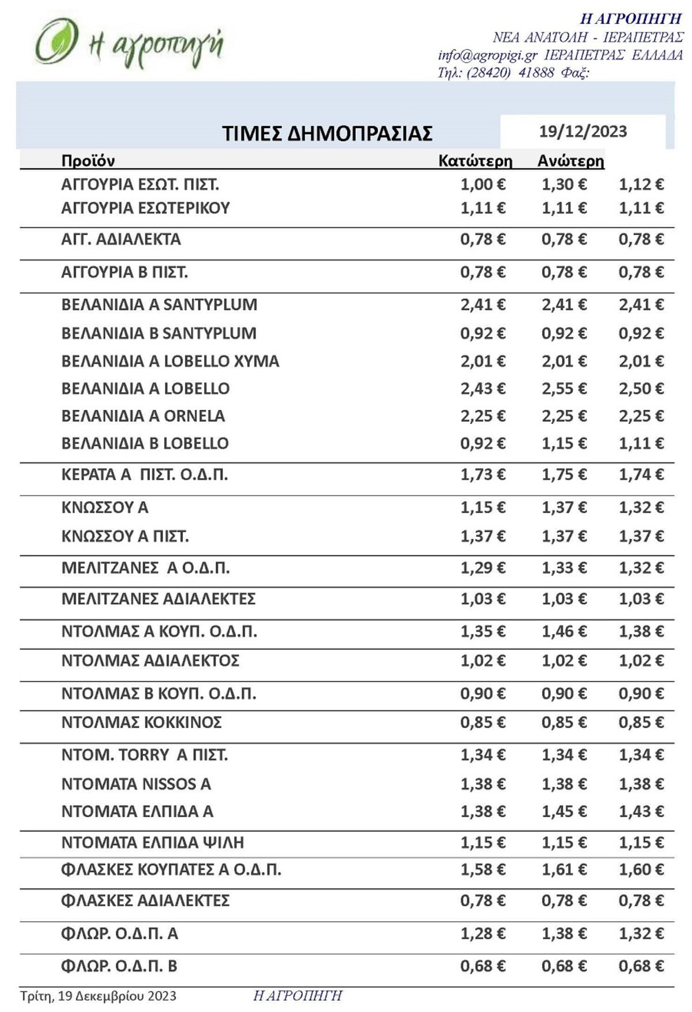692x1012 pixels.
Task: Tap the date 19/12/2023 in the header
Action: point(582,131)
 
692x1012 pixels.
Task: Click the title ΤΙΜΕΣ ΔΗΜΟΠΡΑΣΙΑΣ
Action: point(327,133)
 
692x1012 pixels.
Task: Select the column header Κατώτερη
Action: point(475,161)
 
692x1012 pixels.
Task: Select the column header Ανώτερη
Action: point(570,161)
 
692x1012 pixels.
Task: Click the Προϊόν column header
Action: point(88,161)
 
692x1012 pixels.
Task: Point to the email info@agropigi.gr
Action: point(487,55)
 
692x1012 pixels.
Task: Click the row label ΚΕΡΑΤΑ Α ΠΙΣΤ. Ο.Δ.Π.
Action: point(144,475)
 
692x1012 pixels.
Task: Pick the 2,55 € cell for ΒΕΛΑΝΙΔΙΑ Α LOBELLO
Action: point(563,389)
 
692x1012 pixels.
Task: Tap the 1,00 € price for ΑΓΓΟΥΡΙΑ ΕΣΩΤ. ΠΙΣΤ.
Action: point(483,185)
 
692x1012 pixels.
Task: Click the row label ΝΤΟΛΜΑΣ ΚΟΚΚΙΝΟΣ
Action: point(141,723)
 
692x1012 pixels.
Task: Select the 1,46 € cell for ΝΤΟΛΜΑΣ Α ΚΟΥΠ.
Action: point(563,632)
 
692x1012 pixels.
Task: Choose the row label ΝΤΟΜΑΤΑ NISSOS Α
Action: point(136,784)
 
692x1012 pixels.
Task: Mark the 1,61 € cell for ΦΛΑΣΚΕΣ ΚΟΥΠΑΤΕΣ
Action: point(563,870)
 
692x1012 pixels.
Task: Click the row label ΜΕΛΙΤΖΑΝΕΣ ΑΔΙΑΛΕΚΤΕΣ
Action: point(158,599)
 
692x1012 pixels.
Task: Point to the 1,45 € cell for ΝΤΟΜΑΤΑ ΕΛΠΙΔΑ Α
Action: point(563,812)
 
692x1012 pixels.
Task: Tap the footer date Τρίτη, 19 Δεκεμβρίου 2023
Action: point(98,996)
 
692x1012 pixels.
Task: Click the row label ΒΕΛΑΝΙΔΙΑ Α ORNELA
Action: point(143,416)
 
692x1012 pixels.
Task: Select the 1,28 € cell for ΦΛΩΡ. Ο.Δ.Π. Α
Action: point(483,934)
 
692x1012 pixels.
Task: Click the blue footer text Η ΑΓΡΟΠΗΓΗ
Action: point(298,996)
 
